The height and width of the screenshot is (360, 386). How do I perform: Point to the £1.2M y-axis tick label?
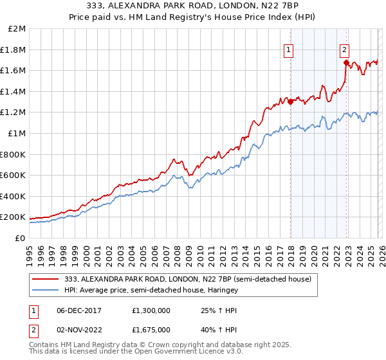click(14, 113)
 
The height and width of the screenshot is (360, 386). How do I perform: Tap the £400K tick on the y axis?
click(14, 196)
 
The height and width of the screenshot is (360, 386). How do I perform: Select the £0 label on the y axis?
click(21, 238)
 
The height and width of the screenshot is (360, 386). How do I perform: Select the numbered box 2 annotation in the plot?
click(344, 49)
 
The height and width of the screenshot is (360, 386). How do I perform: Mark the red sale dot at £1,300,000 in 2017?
click(290, 101)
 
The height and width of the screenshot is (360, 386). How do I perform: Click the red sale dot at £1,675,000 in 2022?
click(346, 62)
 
